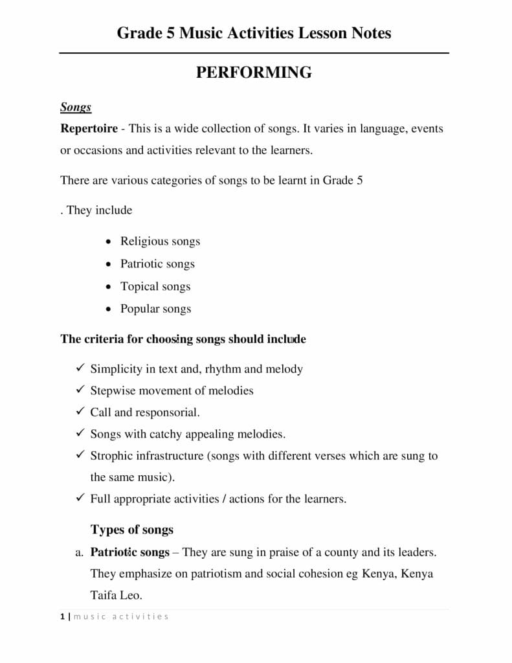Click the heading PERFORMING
(254, 73)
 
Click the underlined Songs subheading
(76, 107)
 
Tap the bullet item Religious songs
(160, 241)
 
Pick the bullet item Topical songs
(155, 286)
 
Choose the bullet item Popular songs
(155, 309)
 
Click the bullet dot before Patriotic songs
(109, 264)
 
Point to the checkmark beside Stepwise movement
(80, 390)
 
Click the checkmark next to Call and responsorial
(80, 412)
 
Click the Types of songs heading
(132, 530)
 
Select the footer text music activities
(121, 616)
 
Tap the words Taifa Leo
(116, 594)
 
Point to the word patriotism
(220, 574)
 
